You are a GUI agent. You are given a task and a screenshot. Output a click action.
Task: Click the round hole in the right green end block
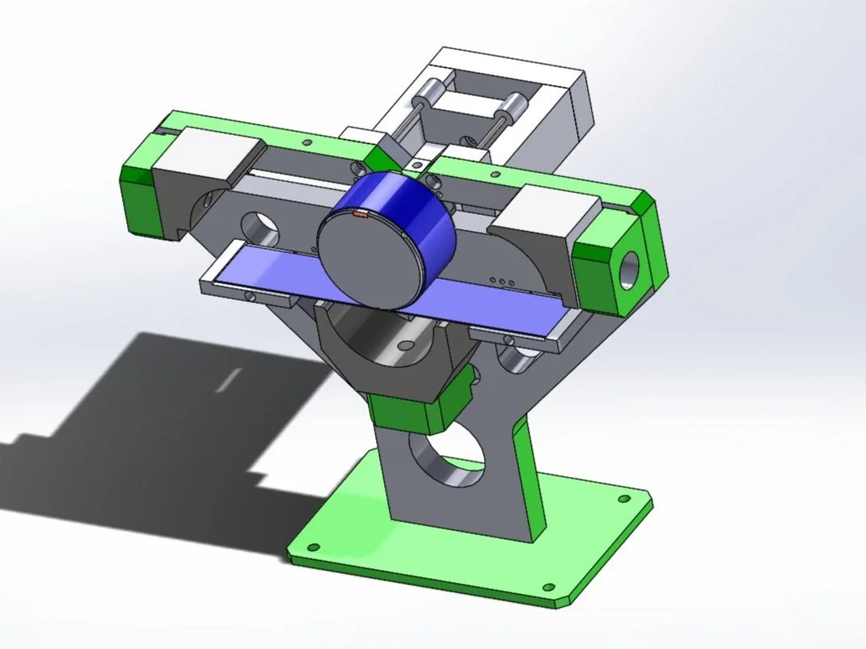tap(629, 270)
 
